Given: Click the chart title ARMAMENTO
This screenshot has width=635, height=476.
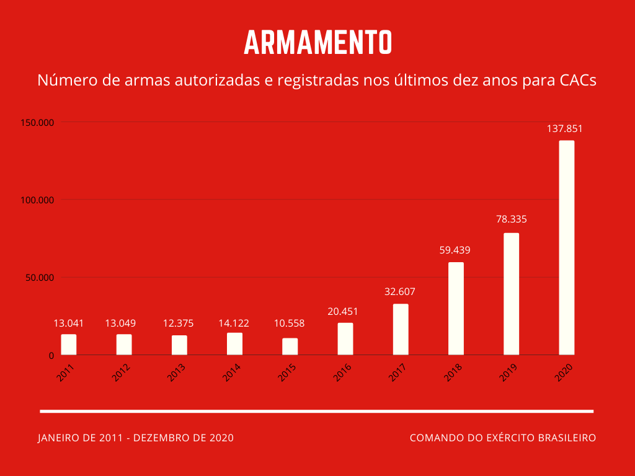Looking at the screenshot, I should click(317, 42).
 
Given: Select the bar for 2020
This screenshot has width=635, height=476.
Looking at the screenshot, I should click(567, 247).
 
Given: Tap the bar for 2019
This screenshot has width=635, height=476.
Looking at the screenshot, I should click(511, 294).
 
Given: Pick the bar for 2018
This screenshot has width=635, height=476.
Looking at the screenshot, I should click(456, 308).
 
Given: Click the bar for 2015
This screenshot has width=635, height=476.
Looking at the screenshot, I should click(290, 346).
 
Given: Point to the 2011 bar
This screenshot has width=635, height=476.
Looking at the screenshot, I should click(68, 344).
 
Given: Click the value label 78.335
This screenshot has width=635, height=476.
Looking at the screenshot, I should click(511, 219).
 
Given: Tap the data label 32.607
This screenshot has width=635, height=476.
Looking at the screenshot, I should click(400, 291).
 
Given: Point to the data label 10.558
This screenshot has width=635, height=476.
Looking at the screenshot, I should click(290, 324).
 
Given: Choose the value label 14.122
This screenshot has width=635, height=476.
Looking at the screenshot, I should click(234, 323).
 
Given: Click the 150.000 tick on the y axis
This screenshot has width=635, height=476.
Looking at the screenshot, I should click(38, 122).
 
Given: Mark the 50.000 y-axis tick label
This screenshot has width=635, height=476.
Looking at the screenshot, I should click(40, 278).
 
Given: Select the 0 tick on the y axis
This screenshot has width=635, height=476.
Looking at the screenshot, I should click(51, 355).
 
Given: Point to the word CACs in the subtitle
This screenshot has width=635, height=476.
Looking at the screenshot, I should click(578, 81).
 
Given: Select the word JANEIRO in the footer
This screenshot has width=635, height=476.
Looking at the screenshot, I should click(58, 438).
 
